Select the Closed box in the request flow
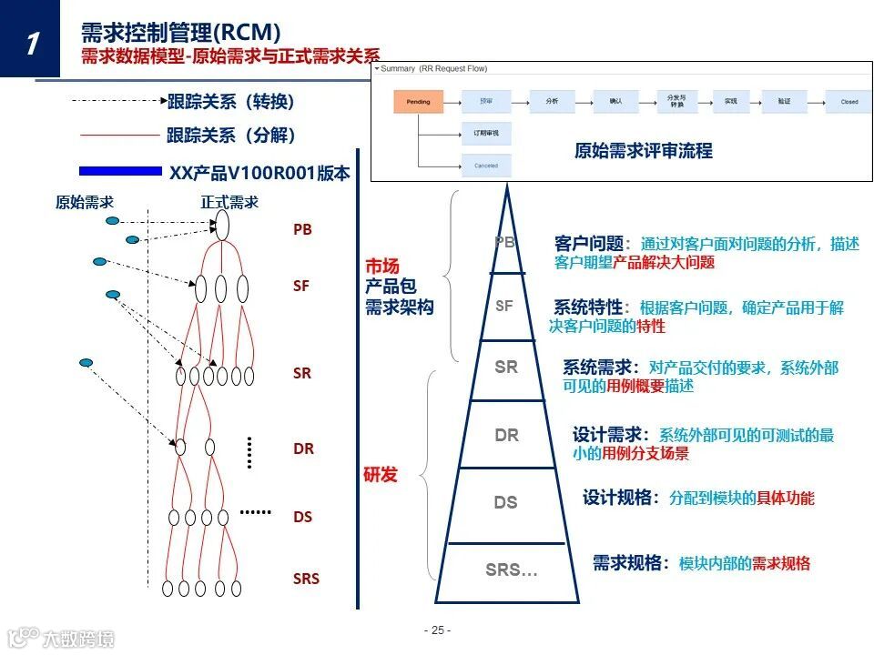point(849,101)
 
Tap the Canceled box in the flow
point(486,166)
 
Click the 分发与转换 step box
point(676,101)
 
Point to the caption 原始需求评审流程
point(643,151)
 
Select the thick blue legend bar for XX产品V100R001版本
point(120,171)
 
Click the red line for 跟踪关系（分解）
point(119,136)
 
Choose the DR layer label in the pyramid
point(506,436)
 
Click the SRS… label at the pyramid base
point(511,570)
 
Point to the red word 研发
point(381,474)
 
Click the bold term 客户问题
point(589,244)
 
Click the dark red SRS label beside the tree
point(306,579)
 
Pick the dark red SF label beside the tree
point(301,286)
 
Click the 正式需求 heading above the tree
point(229,203)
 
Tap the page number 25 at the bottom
point(437,630)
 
